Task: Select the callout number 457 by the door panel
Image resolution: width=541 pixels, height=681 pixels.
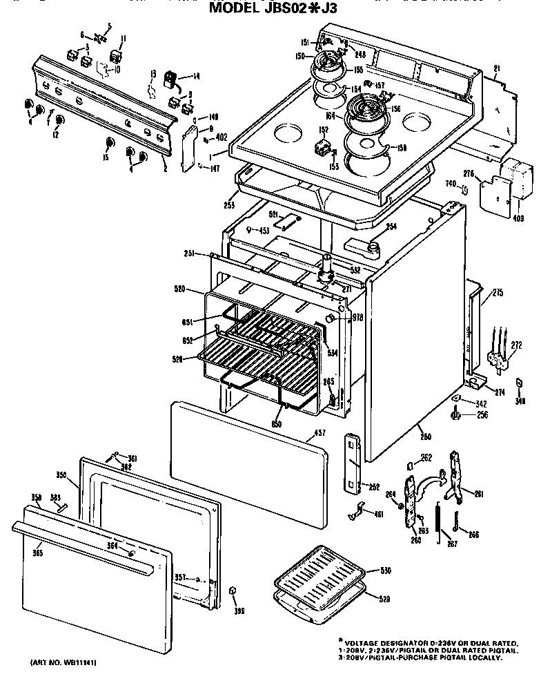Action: [317, 434]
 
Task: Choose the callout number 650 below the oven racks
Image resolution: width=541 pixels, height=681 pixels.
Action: [277, 423]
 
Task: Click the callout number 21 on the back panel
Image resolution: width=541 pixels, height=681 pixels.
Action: [496, 67]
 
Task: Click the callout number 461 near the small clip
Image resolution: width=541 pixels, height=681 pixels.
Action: [379, 514]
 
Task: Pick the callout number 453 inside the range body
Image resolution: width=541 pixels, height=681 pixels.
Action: [263, 231]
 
